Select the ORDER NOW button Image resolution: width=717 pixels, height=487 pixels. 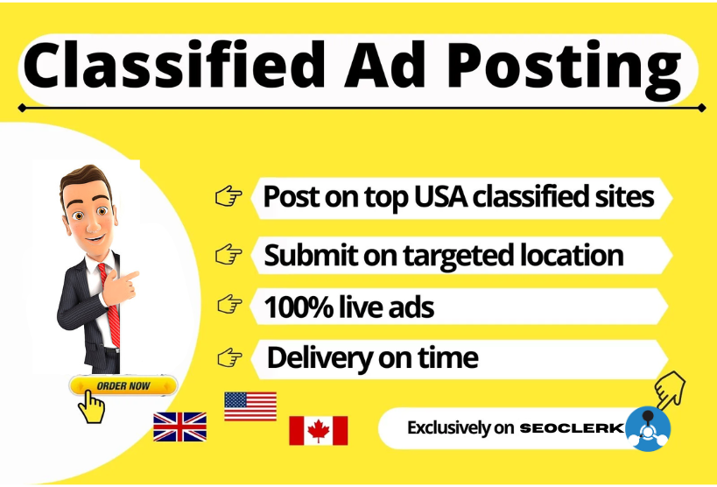[x=123, y=386]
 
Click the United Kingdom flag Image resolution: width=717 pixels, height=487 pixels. [x=179, y=427]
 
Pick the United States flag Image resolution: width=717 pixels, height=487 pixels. [x=250, y=406]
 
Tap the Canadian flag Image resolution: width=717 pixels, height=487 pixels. [x=319, y=430]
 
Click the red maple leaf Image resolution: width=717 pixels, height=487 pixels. [x=319, y=431]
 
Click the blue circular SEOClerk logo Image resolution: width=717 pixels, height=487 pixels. [x=648, y=429]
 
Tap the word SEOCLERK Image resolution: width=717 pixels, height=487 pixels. [x=572, y=428]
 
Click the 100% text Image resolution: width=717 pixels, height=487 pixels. [x=299, y=307]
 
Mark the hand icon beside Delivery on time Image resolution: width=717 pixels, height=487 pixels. [x=229, y=357]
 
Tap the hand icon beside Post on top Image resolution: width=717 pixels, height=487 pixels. [x=228, y=196]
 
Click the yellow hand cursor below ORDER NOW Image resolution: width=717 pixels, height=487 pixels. [x=91, y=407]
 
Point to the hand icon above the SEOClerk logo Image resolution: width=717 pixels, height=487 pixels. [x=670, y=389]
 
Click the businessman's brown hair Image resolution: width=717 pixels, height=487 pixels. [x=85, y=179]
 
